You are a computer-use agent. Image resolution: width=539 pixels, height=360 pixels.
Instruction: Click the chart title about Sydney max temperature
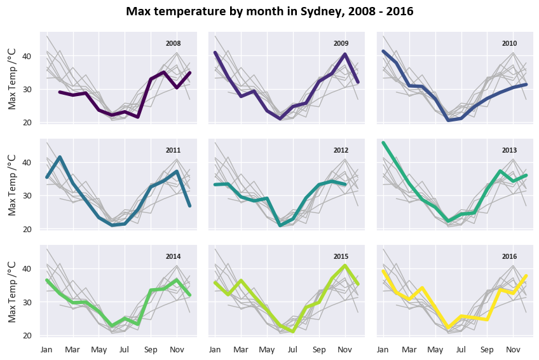(x=269, y=11)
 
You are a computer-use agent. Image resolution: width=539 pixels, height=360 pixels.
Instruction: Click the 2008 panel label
(x=173, y=43)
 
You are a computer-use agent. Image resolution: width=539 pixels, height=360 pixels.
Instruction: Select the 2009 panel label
(x=341, y=43)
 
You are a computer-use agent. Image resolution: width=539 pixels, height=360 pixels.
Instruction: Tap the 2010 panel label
(x=509, y=43)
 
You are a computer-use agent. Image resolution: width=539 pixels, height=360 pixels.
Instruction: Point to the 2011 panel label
(x=173, y=150)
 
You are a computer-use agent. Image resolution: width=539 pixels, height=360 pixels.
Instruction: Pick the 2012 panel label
(x=341, y=150)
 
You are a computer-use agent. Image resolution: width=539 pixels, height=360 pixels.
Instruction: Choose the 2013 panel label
(x=509, y=150)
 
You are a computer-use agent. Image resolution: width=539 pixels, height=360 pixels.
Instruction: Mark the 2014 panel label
(x=173, y=256)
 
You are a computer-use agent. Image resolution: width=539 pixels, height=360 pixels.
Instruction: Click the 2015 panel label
(x=341, y=256)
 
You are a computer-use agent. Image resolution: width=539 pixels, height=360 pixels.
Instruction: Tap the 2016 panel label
(x=509, y=256)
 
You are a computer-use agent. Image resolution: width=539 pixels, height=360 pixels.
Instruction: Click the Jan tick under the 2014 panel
(x=46, y=349)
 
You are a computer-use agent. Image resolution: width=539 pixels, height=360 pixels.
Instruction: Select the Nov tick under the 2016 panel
(x=512, y=349)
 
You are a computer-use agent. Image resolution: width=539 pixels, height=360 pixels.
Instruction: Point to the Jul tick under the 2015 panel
(x=293, y=349)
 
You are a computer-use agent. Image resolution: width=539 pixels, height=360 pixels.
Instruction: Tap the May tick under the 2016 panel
(x=435, y=349)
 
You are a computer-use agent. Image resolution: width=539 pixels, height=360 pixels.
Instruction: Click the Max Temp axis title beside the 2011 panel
(x=13, y=184)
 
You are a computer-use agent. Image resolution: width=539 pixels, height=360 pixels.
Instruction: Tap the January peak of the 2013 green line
(x=383, y=143)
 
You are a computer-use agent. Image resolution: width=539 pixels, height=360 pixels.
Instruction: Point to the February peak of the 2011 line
(x=60, y=157)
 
